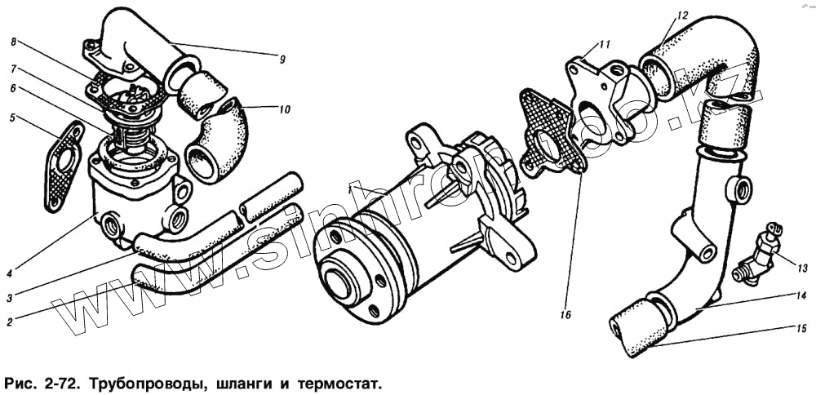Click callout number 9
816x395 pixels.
[x=282, y=59]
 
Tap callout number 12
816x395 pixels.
[x=683, y=16]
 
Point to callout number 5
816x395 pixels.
[x=12, y=118]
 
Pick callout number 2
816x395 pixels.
[x=9, y=322]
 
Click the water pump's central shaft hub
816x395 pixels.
[x=336, y=281]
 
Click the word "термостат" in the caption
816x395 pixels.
[x=340, y=382]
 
